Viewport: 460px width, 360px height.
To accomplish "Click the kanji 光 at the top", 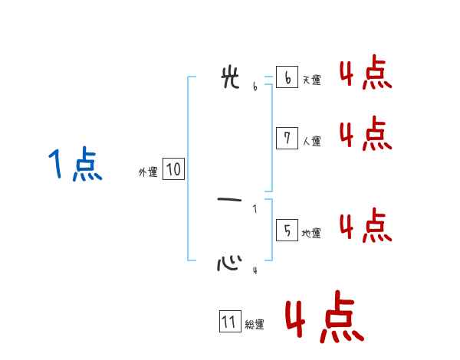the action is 230,78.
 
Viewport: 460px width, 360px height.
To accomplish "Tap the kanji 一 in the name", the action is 231,200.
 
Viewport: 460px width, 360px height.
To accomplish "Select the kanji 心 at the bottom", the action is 229,263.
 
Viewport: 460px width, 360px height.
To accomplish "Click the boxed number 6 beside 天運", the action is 287,77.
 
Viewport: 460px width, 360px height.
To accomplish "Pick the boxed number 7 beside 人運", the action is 287,138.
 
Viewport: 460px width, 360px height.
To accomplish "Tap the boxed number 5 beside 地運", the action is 287,230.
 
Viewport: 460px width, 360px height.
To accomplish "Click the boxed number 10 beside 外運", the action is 173,169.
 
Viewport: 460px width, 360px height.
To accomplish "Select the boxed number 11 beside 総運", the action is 229,322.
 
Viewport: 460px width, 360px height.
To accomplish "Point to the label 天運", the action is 311,80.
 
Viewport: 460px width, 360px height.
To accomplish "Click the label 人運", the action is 311,141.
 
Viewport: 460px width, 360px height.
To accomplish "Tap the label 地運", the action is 311,233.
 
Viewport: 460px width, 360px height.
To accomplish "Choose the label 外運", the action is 148,172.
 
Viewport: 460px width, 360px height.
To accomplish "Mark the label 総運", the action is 255,325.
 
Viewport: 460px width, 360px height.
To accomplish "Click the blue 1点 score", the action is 75,165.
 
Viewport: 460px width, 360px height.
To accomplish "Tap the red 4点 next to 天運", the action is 366,74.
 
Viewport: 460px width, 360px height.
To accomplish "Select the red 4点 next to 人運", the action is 366,134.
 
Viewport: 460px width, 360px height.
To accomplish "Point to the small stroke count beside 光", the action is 255,87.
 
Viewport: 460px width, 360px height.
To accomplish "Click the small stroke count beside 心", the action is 255,270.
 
